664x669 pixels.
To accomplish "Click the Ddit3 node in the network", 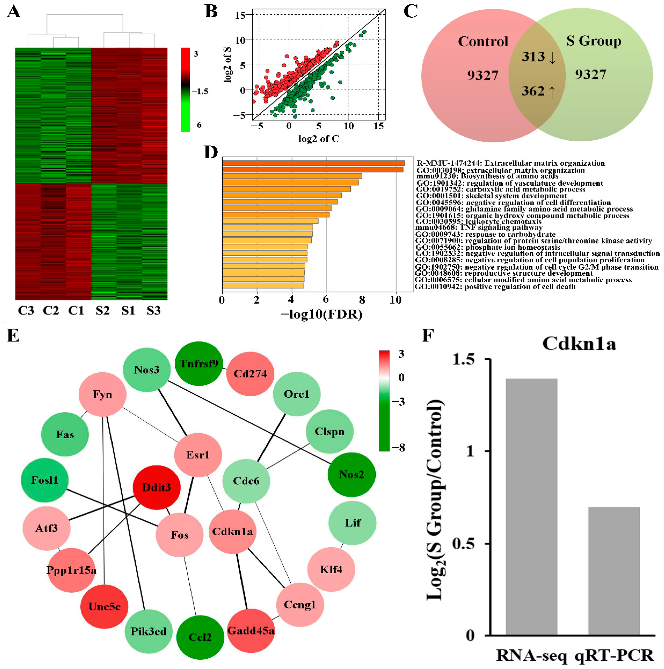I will pos(157,488).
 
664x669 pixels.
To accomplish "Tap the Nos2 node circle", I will pos(351,474).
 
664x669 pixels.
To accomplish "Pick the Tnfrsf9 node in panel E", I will pos(199,364).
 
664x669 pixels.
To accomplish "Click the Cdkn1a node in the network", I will pos(232,532).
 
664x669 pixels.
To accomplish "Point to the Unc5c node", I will pos(104,606).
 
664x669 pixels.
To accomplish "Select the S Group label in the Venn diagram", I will pos(593,41).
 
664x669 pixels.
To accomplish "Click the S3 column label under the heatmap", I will pos(153,311).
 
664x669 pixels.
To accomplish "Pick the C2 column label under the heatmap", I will pos(51,311).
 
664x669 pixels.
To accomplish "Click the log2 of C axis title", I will pos(319,139).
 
